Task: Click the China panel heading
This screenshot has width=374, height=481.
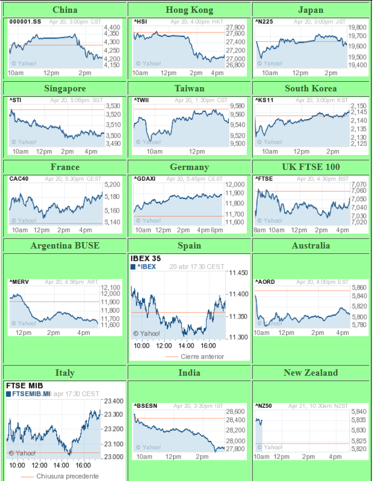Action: (65, 10)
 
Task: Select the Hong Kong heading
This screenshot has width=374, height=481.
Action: (189, 10)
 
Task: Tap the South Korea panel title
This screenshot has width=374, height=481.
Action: (310, 88)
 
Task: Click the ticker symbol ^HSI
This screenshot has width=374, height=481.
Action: (140, 21)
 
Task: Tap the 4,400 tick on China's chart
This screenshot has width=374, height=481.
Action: (112, 27)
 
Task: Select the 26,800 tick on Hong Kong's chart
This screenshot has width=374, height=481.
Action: (235, 65)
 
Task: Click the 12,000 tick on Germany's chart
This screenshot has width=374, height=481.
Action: (235, 184)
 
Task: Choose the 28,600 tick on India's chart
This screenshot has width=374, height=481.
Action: (236, 412)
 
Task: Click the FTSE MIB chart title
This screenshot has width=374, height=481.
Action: (25, 385)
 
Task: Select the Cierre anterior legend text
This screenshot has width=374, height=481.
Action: (202, 356)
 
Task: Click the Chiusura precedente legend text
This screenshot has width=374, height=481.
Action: (67, 476)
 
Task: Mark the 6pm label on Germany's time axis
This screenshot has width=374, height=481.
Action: (217, 230)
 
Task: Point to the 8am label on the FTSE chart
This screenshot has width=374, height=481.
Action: (260, 230)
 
